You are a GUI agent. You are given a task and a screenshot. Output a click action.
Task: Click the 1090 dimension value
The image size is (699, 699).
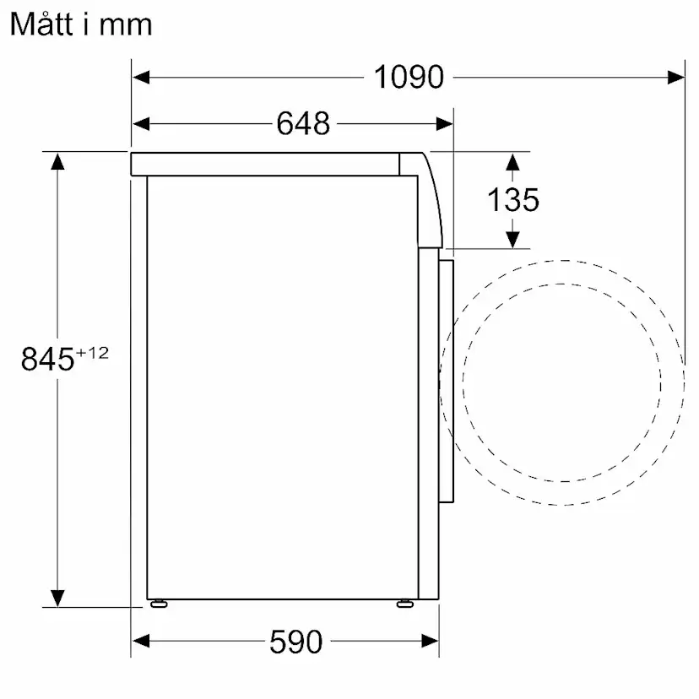coord(409,77)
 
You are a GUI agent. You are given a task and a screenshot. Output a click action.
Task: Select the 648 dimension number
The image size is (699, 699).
coord(303,123)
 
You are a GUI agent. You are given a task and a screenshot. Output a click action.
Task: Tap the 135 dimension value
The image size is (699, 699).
coord(512,200)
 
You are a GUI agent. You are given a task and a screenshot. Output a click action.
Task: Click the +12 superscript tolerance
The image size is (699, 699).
coord(94,353)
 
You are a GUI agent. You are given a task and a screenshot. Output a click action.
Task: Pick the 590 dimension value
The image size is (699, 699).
coord(295,642)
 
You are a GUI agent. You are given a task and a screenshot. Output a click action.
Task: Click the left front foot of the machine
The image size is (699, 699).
coord(158,603)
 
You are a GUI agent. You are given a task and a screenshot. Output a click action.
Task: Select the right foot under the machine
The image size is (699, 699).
coord(405,603)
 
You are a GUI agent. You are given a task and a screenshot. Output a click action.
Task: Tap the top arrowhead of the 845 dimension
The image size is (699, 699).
coord(57,160)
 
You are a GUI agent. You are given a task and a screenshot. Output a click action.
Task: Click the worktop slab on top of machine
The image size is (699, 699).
coord(266,164)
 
